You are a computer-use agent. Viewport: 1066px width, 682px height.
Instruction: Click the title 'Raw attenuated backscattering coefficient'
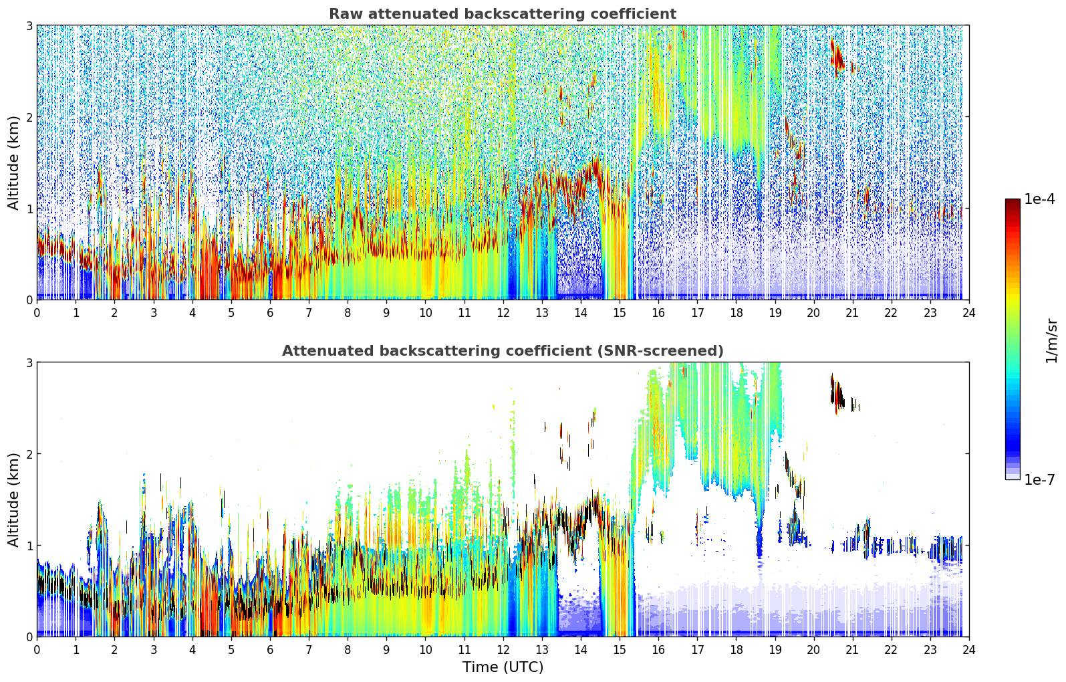tap(502, 14)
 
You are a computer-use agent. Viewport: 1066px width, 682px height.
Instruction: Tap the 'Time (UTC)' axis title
tap(503, 667)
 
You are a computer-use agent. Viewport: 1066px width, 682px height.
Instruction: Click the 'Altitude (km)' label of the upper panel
tap(14, 162)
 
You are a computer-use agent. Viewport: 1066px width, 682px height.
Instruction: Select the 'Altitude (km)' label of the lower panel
tap(14, 499)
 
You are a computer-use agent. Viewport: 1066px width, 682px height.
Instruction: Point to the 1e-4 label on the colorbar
tap(1039, 199)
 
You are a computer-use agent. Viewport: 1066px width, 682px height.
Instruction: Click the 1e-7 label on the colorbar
tap(1039, 479)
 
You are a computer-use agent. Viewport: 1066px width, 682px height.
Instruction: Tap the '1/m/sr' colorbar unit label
tap(1051, 341)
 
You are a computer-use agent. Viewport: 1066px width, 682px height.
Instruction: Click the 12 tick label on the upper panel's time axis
tap(503, 312)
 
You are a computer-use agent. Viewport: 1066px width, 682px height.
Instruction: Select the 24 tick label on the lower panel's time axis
tap(968, 649)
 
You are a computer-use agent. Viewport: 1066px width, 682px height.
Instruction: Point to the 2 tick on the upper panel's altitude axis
tap(29, 117)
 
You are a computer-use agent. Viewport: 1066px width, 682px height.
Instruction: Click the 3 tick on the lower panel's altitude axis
tap(29, 362)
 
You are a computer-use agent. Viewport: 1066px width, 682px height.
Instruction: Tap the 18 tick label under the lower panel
tap(736, 649)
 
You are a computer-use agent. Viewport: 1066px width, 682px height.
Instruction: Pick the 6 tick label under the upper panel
tap(270, 312)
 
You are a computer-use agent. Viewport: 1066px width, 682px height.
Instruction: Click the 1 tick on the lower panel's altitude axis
tap(29, 546)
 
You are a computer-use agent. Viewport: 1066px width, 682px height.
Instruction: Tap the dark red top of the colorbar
tap(1012, 203)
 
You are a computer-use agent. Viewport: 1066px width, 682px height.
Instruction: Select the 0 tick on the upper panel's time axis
tap(37, 312)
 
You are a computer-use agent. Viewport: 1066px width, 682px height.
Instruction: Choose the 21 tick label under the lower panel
tap(852, 649)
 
